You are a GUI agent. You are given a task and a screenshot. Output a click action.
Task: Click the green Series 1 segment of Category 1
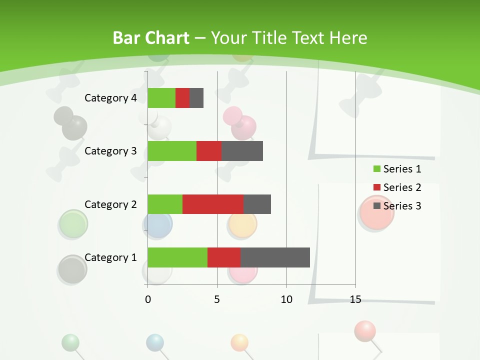(177, 257)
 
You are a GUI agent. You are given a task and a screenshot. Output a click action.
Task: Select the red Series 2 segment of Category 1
(224, 257)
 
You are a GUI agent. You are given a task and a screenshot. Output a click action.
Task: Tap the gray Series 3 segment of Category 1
(275, 257)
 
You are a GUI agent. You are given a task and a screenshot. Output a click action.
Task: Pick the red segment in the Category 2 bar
(213, 204)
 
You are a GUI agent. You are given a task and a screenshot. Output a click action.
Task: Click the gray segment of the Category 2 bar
(257, 204)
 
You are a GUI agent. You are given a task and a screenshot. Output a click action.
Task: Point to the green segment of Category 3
(172, 151)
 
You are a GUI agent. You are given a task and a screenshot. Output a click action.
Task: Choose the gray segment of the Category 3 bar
(242, 151)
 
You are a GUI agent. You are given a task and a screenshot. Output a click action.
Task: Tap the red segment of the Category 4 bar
(182, 98)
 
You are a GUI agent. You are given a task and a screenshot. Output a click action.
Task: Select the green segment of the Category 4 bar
(161, 98)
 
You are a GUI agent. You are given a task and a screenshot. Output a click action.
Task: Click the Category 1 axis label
(110, 257)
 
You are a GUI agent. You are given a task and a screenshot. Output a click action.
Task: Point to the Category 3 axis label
(110, 151)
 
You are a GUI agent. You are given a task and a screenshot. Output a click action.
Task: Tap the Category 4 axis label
(110, 98)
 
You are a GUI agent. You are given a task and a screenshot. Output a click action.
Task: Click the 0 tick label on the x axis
(148, 299)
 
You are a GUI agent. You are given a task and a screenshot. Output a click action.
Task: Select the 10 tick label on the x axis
(286, 299)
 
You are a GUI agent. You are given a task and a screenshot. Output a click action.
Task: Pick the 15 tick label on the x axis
(355, 299)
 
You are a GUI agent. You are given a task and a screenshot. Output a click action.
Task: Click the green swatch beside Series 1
(376, 169)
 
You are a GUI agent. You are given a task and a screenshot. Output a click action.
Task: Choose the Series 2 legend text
(402, 187)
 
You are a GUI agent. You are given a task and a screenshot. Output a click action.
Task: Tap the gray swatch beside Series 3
(376, 206)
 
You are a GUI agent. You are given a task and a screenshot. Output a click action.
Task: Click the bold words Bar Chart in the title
(151, 38)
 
